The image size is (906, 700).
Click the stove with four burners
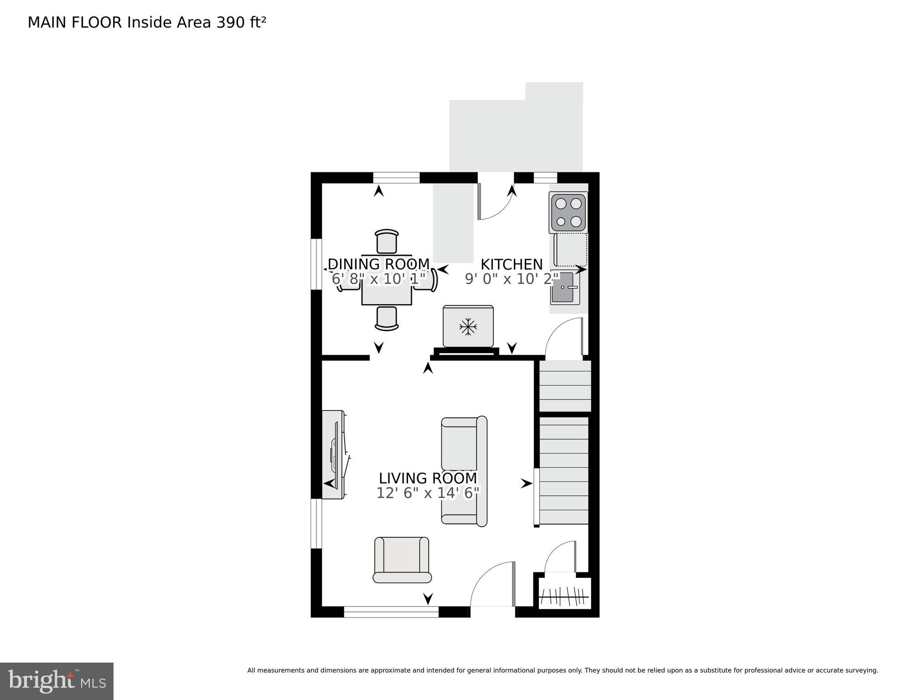pyautogui.click(x=569, y=212)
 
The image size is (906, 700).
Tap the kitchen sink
pyautogui.click(x=564, y=289)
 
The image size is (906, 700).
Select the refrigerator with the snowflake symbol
pyautogui.click(x=468, y=327)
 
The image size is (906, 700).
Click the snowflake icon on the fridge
pyautogui.click(x=468, y=327)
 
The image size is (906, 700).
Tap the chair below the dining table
pyautogui.click(x=387, y=318)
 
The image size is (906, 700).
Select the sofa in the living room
pyautogui.click(x=464, y=471)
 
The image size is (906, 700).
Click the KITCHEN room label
pyautogui.click(x=511, y=264)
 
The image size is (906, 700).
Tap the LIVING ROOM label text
pyautogui.click(x=428, y=478)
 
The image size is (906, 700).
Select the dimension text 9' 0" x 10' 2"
pyautogui.click(x=511, y=279)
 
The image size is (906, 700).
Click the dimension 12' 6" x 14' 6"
pyautogui.click(x=428, y=493)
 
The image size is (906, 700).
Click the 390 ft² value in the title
pyautogui.click(x=241, y=22)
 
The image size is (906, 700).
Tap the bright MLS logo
pyautogui.click(x=57, y=681)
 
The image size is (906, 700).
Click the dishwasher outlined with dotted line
pyautogui.click(x=570, y=250)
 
